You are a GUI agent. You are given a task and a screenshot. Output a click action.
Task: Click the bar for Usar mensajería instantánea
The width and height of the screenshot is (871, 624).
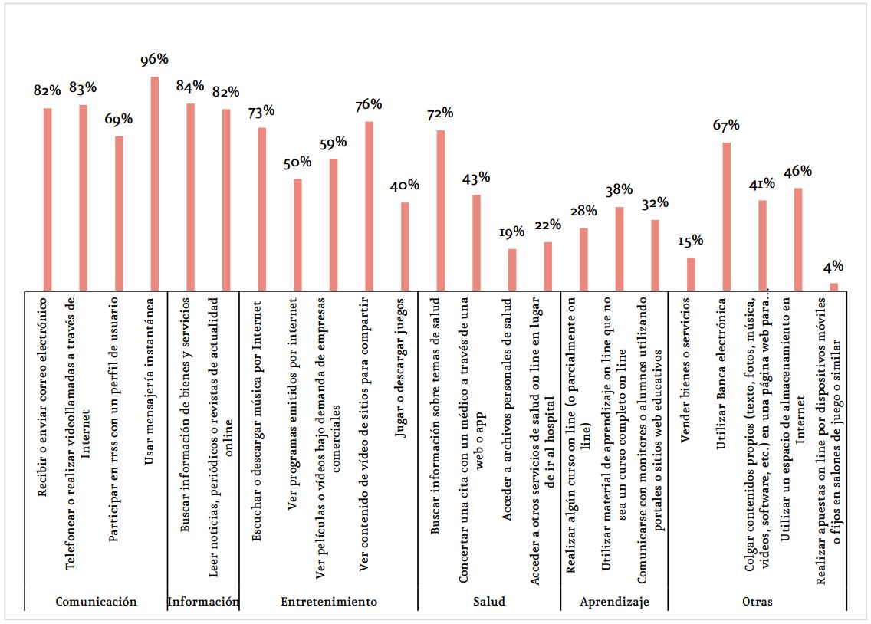pos(155,184)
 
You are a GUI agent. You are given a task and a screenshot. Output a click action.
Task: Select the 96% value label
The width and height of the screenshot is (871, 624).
pos(154,59)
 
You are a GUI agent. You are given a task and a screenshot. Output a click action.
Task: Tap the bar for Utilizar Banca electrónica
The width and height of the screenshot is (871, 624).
pos(727,216)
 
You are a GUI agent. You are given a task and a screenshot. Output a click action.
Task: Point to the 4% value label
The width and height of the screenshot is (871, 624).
pos(833,267)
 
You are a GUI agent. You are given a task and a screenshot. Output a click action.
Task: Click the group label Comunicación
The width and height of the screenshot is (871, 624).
pos(96,602)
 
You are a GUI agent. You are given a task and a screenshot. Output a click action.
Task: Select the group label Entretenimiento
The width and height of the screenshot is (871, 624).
pos(329,602)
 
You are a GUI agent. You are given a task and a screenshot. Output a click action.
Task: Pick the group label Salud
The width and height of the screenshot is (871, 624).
pos(489,602)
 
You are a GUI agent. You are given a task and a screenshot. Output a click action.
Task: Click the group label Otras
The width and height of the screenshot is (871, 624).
pos(757,602)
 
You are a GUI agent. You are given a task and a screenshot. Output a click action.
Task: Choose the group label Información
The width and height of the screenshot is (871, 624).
pos(203,602)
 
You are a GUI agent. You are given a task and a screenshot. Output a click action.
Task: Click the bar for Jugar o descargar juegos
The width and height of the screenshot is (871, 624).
pos(405,247)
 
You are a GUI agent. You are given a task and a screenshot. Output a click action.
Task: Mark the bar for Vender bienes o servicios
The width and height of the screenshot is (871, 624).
pos(691,274)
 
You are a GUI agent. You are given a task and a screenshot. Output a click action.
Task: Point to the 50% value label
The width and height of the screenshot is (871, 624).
pos(297,163)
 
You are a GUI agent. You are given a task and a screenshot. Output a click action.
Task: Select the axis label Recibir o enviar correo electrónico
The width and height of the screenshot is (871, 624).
pos(42,397)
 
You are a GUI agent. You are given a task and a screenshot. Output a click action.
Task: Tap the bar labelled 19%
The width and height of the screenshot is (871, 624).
pos(512,270)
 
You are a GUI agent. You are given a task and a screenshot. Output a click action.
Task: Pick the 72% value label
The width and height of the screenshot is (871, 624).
pos(440,113)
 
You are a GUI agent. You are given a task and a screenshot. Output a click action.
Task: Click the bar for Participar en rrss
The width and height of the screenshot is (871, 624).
pos(119,214)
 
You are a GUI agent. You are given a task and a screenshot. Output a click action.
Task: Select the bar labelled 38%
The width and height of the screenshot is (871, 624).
pos(620,248)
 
